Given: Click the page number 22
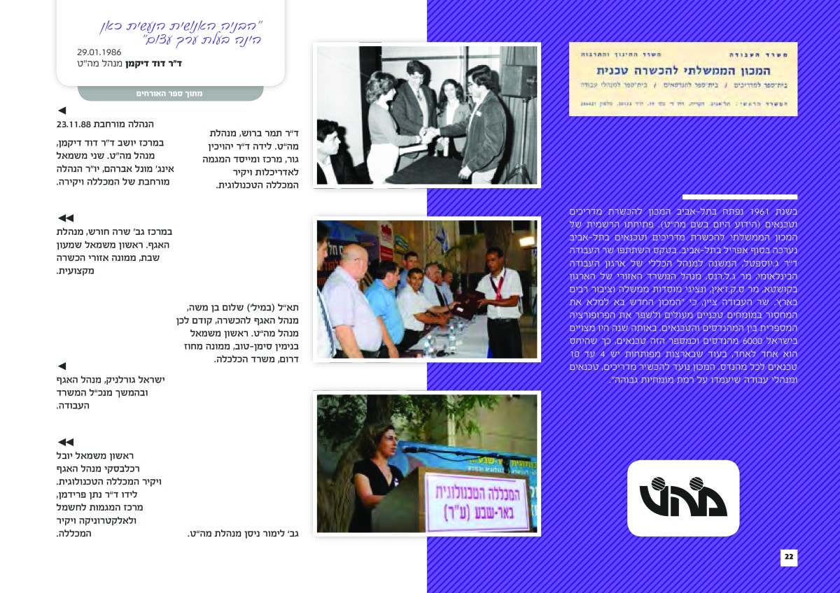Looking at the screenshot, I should coord(789,557).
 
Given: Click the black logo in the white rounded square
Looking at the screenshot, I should coord(682,497).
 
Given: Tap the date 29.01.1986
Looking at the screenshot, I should coord(99,52).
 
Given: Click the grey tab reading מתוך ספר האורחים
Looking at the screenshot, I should coord(169,93).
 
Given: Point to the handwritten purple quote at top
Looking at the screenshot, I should coord(181,34).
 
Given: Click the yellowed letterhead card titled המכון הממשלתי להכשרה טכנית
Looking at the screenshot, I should coord(682,79).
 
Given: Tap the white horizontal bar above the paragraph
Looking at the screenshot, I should coord(739,197).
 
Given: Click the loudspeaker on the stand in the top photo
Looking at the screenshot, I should coord(519,81).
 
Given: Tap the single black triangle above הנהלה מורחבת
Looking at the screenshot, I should coord(62,110).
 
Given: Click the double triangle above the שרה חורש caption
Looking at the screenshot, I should coord(65,218).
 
